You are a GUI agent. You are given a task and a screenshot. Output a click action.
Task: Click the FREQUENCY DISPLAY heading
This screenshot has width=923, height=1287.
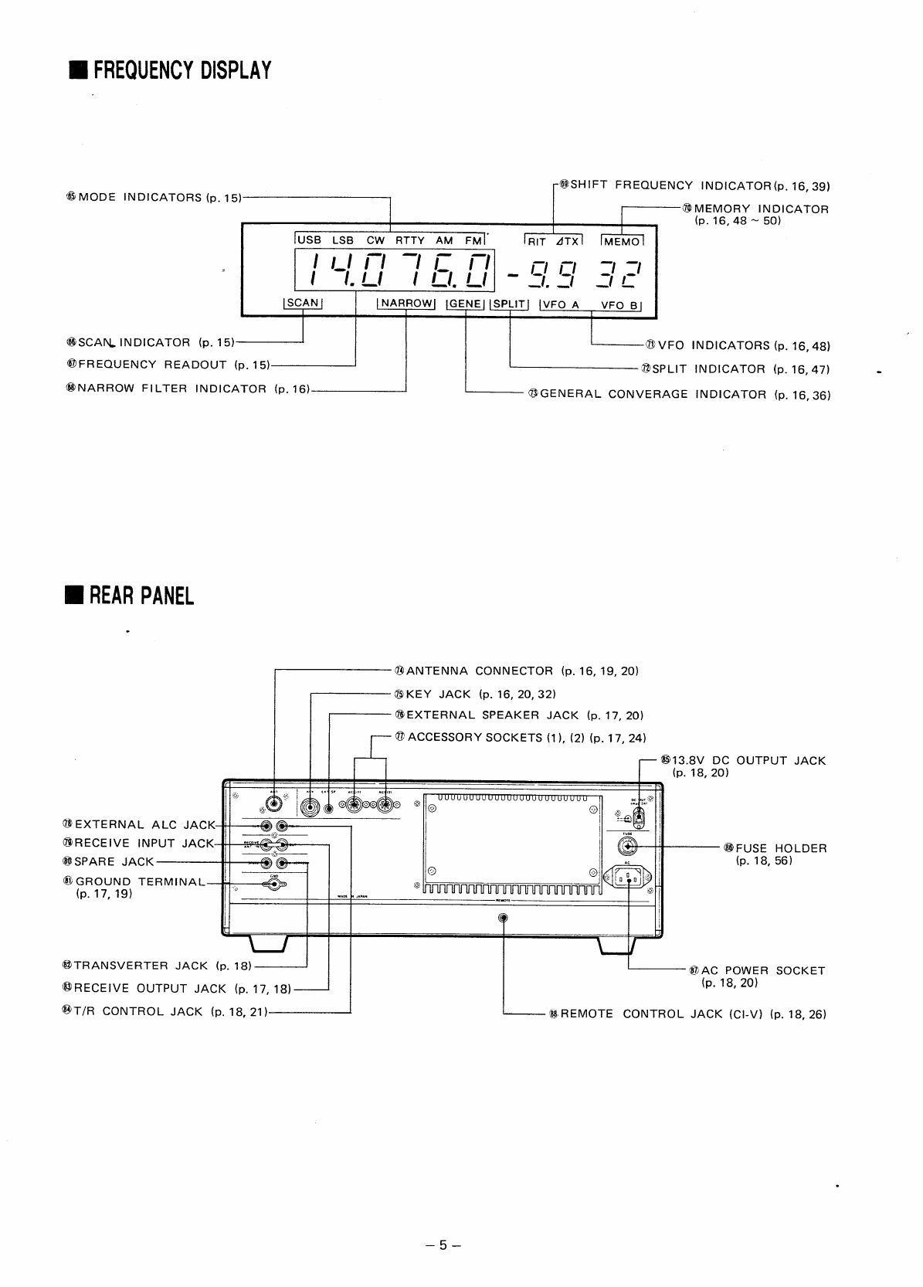coord(173,71)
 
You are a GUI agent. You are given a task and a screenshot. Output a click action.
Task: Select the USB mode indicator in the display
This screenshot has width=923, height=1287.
coord(309,240)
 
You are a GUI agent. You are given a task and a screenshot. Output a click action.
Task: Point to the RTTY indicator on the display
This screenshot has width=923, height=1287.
coord(410,240)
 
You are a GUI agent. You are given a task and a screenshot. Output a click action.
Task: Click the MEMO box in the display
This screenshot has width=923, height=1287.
coord(622,242)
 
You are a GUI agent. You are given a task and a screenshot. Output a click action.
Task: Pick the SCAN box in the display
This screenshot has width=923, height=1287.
coord(303,303)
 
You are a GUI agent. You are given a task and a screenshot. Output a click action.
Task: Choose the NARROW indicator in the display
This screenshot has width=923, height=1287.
coord(406,304)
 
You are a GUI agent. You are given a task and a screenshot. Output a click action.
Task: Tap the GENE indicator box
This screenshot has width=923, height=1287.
coord(465,304)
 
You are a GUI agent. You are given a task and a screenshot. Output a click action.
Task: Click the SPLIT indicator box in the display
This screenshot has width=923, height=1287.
coord(509,304)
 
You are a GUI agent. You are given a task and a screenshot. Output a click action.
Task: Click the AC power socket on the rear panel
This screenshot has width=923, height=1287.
coord(630,877)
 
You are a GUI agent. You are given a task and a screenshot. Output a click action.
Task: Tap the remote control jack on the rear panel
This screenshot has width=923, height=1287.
coord(504,918)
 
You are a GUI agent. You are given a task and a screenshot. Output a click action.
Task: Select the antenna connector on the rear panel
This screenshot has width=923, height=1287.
coord(273,804)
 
